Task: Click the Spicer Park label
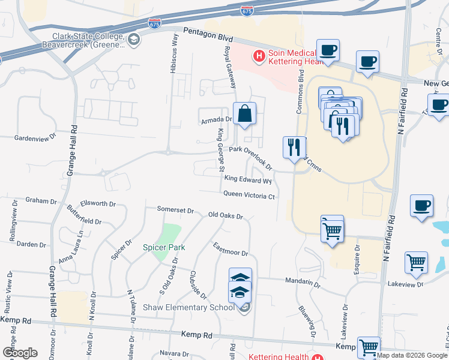[x=163, y=247]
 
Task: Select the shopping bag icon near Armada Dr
[x=245, y=113]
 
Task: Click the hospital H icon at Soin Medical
[x=259, y=57]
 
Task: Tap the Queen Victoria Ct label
[x=249, y=195]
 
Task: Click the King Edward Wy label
[x=248, y=179]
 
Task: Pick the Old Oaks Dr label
[x=225, y=215]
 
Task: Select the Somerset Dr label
[x=175, y=210]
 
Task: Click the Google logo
[x=20, y=353]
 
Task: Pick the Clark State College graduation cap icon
[x=134, y=40]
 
